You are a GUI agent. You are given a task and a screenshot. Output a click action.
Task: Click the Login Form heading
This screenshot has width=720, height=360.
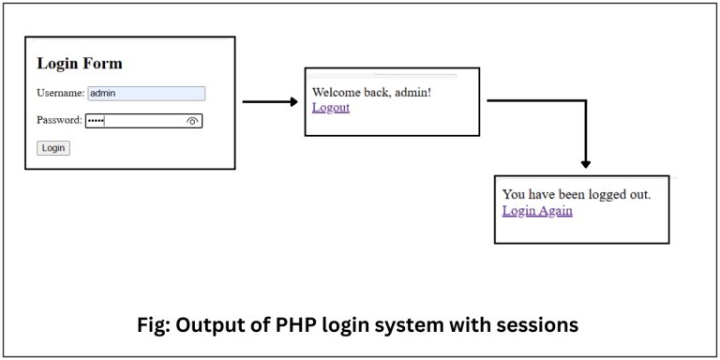(x=80, y=64)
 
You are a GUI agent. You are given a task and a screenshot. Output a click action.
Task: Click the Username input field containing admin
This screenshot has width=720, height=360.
(x=145, y=93)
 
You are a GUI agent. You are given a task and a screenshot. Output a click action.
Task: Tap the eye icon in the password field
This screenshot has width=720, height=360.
(x=193, y=121)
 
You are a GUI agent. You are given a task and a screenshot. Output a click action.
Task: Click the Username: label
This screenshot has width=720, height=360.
(x=61, y=93)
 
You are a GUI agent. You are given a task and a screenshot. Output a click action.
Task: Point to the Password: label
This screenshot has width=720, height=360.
(x=60, y=120)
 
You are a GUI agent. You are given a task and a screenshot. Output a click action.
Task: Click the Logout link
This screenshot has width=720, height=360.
(x=330, y=107)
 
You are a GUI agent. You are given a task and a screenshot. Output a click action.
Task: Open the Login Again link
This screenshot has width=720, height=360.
(x=537, y=210)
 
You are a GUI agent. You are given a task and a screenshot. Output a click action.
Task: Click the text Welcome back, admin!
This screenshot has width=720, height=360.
(x=371, y=92)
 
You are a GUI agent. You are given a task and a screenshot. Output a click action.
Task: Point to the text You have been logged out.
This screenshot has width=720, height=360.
(x=577, y=194)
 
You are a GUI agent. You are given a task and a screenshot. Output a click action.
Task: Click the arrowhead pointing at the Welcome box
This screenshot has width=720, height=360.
(x=291, y=101)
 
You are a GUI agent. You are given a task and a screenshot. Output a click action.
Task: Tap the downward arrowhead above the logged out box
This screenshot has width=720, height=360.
(x=586, y=164)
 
